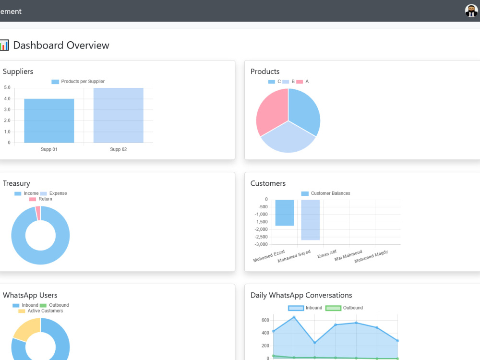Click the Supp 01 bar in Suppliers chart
click(x=49, y=120)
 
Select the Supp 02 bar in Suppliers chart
click(x=119, y=115)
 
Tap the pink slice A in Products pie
click(x=271, y=111)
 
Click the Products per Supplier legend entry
click(x=78, y=82)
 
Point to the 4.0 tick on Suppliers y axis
click(x=7, y=98)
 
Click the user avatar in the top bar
click(x=471, y=11)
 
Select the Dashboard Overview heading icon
click(x=4, y=45)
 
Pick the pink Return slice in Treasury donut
click(x=38, y=213)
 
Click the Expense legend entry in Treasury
click(x=54, y=193)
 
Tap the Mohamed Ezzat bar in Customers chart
click(x=284, y=213)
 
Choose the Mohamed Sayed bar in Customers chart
click(x=311, y=220)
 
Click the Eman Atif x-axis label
click(x=327, y=254)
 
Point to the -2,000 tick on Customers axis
click(x=261, y=229)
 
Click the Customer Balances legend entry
click(x=326, y=193)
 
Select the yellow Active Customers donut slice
click(x=26, y=329)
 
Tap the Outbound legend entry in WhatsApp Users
click(x=54, y=305)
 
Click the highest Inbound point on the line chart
click(x=294, y=317)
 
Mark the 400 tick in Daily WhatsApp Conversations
click(x=265, y=333)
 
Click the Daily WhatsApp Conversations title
click(x=301, y=295)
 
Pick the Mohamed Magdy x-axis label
click(x=371, y=256)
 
